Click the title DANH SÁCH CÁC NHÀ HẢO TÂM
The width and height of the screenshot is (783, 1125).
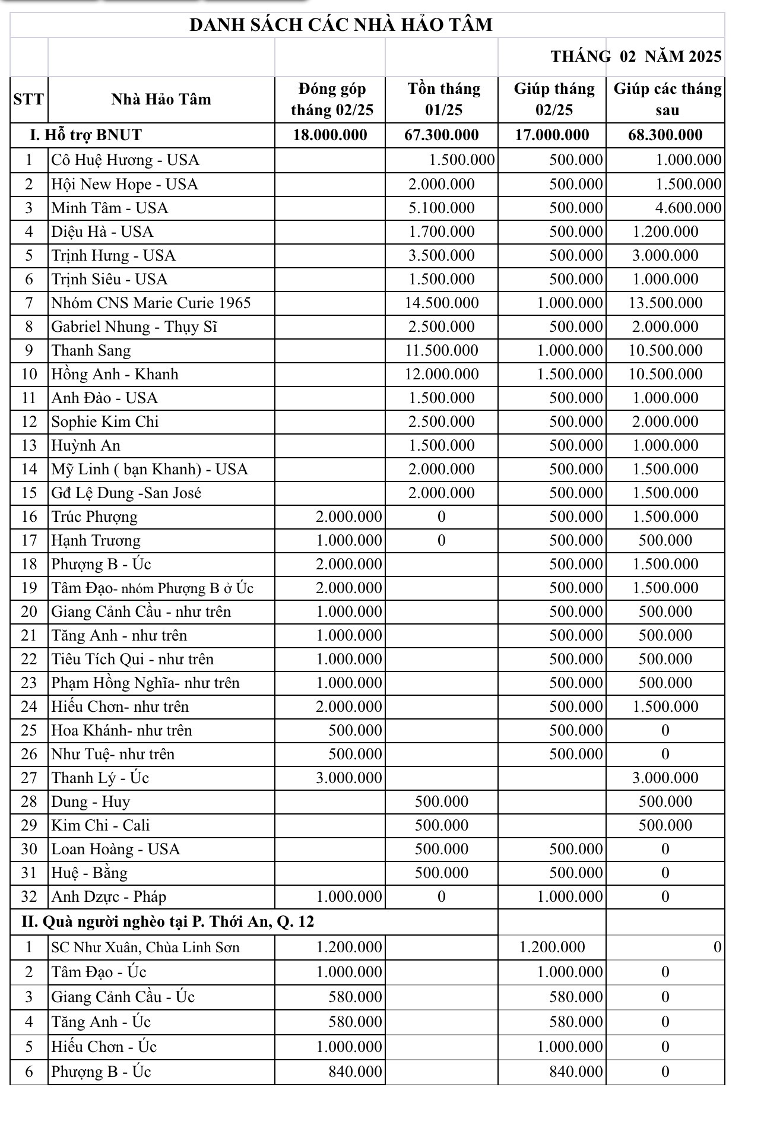341,25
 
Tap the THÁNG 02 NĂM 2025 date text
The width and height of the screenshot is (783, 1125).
636,56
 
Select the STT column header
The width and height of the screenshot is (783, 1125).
28,99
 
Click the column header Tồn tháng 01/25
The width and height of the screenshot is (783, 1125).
443,99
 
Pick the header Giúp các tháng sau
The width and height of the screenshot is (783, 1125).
667,99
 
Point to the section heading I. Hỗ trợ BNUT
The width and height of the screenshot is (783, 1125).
86,135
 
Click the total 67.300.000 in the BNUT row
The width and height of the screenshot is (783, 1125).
441,135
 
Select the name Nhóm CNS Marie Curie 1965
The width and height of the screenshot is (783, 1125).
151,303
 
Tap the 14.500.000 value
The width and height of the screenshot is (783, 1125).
442,303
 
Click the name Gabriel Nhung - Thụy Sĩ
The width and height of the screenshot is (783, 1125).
134,327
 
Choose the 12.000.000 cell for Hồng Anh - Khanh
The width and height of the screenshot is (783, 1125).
442,374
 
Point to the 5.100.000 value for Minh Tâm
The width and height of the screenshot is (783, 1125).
442,208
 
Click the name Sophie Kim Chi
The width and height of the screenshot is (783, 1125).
105,422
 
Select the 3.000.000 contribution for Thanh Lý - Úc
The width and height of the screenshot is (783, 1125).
348,778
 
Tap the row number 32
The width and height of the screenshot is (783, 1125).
28,896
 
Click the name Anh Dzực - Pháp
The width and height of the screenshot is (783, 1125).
109,896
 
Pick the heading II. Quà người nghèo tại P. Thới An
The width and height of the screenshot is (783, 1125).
168,921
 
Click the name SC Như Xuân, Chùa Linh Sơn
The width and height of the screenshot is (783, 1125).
145,947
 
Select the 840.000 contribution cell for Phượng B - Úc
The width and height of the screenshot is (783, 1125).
355,1072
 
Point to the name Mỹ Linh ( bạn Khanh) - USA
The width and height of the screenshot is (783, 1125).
150,469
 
